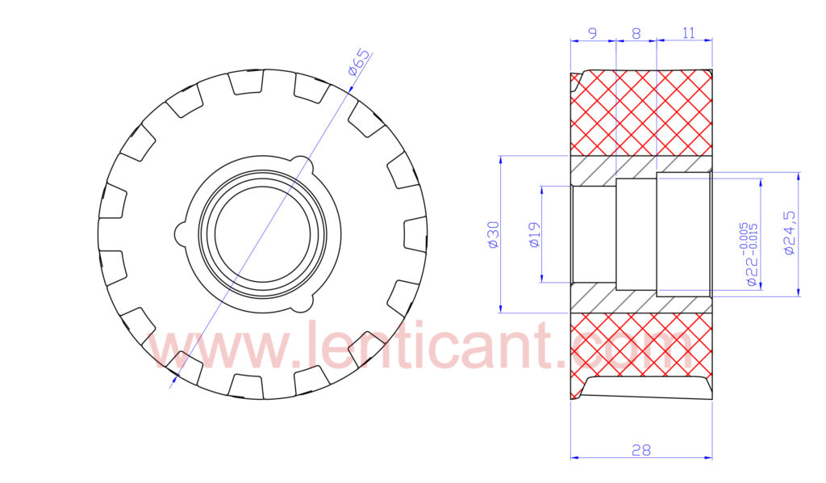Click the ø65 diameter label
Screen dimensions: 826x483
359,63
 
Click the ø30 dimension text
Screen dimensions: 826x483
493,235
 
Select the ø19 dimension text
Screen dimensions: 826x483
534,235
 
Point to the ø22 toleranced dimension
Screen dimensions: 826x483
752,254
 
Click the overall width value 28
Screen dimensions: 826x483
641,451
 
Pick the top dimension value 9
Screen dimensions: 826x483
593,33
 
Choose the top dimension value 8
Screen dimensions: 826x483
636,33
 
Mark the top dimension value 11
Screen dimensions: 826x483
689,33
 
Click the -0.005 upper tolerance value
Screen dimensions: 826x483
743,236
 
